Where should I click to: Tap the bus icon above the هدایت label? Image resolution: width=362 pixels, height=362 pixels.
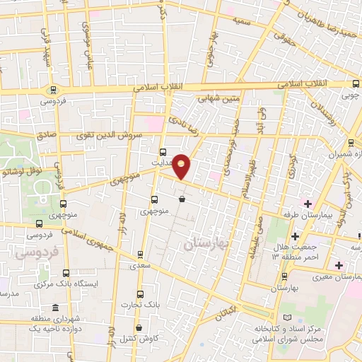point(163,151)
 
